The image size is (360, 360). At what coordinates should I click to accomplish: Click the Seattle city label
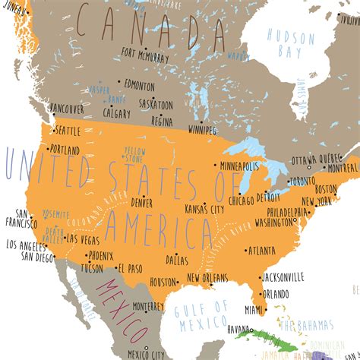coord(68,130)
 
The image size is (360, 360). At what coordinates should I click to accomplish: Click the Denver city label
coord(141,203)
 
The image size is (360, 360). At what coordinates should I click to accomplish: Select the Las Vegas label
coord(83,239)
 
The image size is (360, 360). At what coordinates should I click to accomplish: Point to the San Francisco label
coord(21,218)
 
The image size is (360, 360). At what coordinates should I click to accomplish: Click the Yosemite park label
coord(56,215)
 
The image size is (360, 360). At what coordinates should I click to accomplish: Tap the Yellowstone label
coord(135,154)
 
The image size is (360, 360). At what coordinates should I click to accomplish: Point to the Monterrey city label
coord(147,306)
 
